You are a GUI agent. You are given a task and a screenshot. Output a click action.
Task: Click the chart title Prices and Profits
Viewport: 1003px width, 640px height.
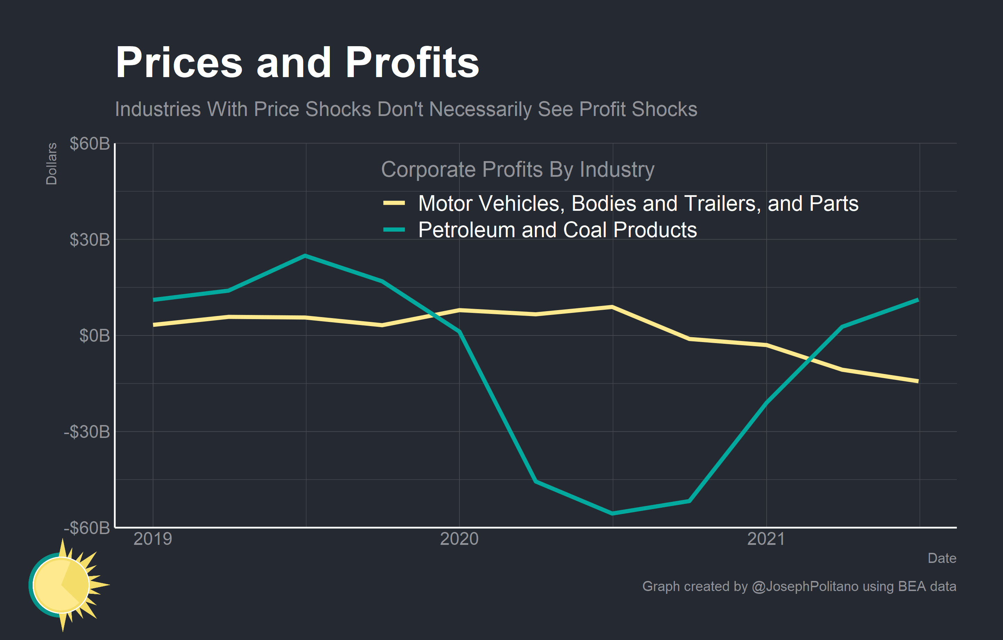pos(297,63)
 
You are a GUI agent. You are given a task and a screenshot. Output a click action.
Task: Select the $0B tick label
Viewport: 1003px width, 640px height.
pos(95,335)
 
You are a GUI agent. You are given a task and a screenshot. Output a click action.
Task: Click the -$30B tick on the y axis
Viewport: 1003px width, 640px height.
pos(87,432)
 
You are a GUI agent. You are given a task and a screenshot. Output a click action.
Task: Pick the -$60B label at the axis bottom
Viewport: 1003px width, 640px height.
pos(87,527)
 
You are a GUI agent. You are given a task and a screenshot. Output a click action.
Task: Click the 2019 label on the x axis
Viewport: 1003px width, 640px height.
pos(153,539)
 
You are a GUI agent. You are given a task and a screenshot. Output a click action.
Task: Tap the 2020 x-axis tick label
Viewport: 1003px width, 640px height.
pos(459,539)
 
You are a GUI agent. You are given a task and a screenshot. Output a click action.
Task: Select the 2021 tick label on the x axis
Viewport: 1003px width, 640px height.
pos(766,539)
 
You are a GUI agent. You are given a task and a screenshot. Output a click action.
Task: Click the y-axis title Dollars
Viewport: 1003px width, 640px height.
pos(51,164)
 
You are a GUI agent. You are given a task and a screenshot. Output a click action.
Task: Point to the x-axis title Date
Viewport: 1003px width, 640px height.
pos(941,558)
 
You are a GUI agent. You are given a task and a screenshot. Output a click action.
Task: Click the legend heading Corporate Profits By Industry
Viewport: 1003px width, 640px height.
pos(517,169)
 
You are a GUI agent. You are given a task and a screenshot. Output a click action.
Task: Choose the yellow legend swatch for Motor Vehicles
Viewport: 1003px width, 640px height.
pos(394,203)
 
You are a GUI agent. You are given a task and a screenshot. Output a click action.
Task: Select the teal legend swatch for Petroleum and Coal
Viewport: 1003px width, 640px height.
pos(394,229)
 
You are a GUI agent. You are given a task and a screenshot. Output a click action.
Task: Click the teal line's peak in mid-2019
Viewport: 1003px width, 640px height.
pos(305,256)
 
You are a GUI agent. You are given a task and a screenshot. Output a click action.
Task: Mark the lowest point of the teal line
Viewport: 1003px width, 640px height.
pos(612,514)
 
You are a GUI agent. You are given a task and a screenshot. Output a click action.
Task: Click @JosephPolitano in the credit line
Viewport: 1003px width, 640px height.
pos(805,586)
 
